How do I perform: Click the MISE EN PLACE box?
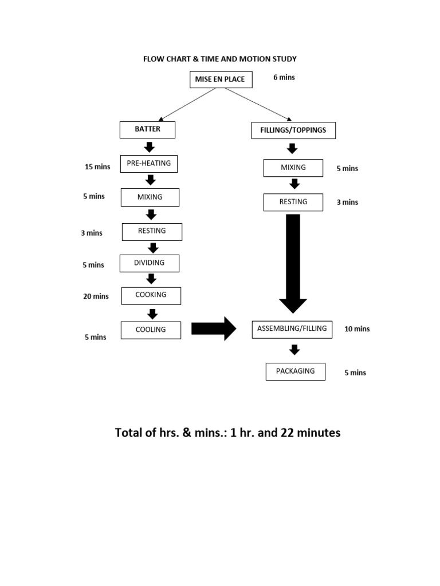pyautogui.click(x=219, y=80)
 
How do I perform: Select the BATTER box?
pyautogui.click(x=147, y=130)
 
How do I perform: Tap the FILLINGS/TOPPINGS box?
pyautogui.click(x=293, y=130)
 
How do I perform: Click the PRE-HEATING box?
pyautogui.click(x=149, y=164)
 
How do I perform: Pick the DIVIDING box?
pyautogui.click(x=149, y=263)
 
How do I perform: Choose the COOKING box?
pyautogui.click(x=151, y=295)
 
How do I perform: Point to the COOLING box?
pyautogui.click(x=151, y=330)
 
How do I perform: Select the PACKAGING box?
pyautogui.click(x=295, y=371)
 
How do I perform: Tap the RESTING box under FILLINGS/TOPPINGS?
pyautogui.click(x=293, y=202)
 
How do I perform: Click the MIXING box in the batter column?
pyautogui.click(x=150, y=197)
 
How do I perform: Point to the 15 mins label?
pyautogui.click(x=97, y=167)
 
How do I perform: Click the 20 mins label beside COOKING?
pyautogui.click(x=96, y=296)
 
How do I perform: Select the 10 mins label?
pyautogui.click(x=357, y=329)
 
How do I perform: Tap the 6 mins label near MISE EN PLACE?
pyautogui.click(x=284, y=77)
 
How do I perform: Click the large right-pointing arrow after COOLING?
pyautogui.click(x=213, y=328)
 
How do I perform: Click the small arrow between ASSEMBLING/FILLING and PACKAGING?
pyautogui.click(x=294, y=350)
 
